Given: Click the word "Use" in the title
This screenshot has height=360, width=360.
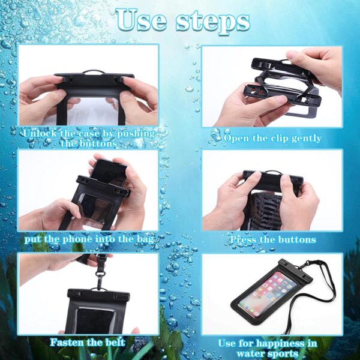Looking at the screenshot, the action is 141,20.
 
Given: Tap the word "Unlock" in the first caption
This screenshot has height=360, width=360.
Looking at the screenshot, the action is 40,134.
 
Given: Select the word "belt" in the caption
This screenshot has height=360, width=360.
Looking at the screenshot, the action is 115,343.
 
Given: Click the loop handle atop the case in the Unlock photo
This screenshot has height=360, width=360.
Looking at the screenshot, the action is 94,72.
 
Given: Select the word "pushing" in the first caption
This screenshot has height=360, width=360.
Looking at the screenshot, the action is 136,134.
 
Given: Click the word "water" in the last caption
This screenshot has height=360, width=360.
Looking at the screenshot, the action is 250,353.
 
